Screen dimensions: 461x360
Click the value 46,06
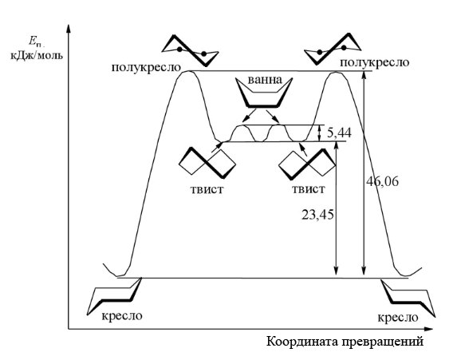[x=382, y=182]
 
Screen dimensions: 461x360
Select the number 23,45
[x=317, y=215]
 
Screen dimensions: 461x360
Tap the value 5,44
[x=339, y=133]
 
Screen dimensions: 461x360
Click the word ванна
[x=265, y=80]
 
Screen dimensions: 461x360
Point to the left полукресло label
[x=146, y=67]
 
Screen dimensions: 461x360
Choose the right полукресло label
[x=375, y=63]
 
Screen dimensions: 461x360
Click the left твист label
[x=207, y=189]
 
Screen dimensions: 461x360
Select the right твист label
[x=308, y=188]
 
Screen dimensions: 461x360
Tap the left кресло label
[x=122, y=316]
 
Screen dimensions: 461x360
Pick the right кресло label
[x=398, y=318]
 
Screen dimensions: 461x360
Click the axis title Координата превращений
[x=345, y=342]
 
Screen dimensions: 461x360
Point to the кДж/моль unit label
[x=37, y=55]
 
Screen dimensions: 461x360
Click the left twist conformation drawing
[x=207, y=163]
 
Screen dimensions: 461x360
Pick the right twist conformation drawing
[x=306, y=164]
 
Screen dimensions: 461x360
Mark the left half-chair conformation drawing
[x=191, y=50]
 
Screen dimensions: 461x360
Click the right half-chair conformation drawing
[x=333, y=49]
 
